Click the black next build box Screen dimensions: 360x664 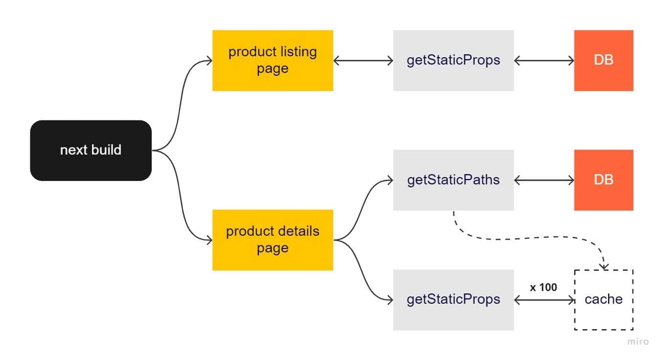tap(91, 150)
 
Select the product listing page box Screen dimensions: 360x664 tap(273, 60)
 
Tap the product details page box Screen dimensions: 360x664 tap(273, 240)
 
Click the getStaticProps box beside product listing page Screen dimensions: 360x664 tap(453, 60)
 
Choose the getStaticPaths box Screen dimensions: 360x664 tap(453, 180)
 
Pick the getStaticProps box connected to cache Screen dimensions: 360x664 tap(453, 299)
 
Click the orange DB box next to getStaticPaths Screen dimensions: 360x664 tap(603, 180)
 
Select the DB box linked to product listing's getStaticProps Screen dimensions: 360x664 tap(603, 60)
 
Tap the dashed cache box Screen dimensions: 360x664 tap(603, 299)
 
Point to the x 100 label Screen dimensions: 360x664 tap(543, 287)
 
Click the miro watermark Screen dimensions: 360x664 tap(638, 341)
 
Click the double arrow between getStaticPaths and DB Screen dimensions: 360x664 tap(544, 180)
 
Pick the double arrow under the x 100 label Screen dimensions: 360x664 tap(544, 300)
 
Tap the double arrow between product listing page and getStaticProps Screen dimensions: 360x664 tap(363, 61)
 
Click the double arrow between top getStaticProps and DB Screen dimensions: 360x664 tap(544, 61)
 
